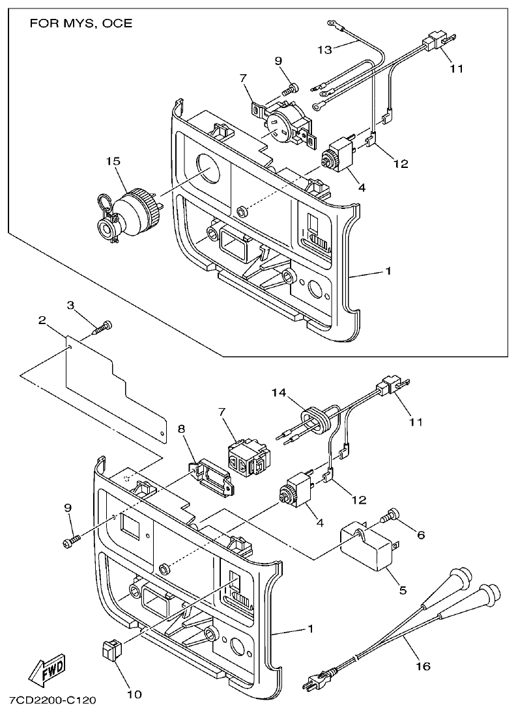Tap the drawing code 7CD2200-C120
coord(53,701)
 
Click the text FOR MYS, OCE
coord(81,23)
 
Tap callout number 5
coord(402,590)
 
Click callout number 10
coord(134,694)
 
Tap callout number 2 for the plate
coord(41,320)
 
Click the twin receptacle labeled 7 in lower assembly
coord(247,456)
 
